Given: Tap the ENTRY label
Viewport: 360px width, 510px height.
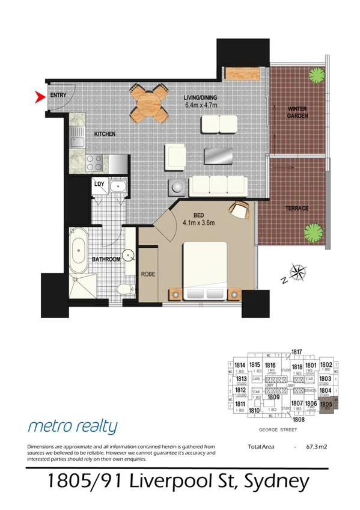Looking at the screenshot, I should pyautogui.click(x=58, y=95).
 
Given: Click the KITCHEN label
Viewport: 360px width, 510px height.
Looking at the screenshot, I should pyautogui.click(x=104, y=134).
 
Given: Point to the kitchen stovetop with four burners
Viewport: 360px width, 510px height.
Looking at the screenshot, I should pyautogui.click(x=95, y=162).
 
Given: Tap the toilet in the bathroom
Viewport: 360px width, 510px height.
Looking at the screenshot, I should pyautogui.click(x=124, y=290).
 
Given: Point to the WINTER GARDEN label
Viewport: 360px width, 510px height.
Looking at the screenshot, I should pyautogui.click(x=297, y=112).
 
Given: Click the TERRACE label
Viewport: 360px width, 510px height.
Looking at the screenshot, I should pyautogui.click(x=297, y=208).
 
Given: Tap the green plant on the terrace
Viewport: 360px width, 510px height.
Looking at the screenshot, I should pyautogui.click(x=313, y=232).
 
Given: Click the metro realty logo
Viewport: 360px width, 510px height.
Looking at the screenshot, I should pyautogui.click(x=73, y=426).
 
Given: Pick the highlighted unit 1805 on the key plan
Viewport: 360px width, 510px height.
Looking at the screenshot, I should pyautogui.click(x=326, y=406).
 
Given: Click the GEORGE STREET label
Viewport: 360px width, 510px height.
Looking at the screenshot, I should pyautogui.click(x=275, y=429).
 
